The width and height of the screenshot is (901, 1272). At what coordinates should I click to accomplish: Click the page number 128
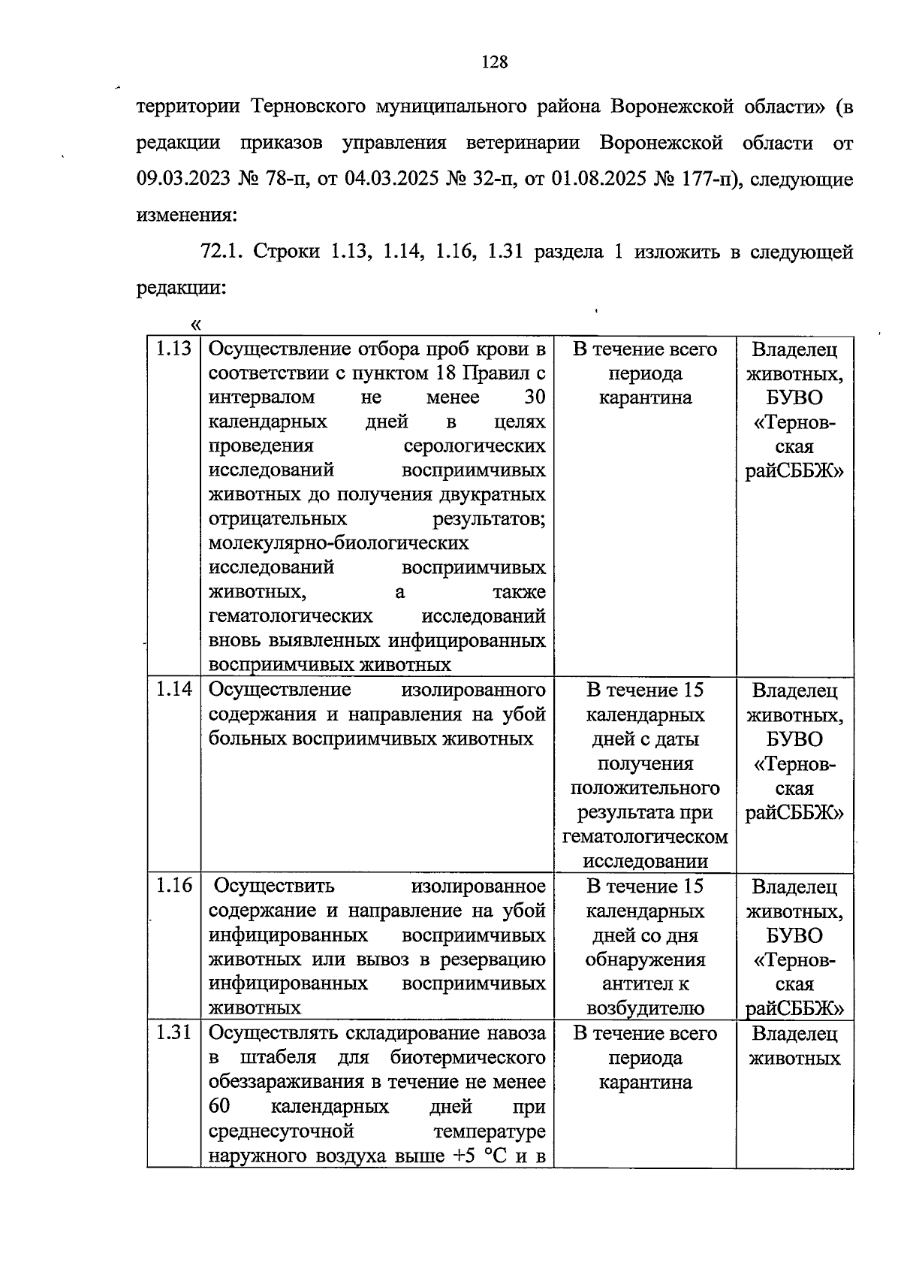[494, 62]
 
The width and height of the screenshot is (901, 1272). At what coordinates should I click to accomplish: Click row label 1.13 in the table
[173, 349]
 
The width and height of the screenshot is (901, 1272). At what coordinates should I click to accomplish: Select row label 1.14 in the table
[173, 689]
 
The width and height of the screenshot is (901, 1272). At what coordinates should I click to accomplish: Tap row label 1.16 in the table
[173, 886]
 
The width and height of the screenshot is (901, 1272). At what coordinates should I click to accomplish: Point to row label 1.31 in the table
[173, 1033]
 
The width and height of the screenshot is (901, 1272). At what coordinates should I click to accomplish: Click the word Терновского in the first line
[307, 107]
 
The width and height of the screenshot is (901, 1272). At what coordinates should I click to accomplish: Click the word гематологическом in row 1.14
[645, 837]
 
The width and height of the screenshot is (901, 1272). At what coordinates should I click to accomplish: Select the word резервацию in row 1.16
[493, 959]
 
